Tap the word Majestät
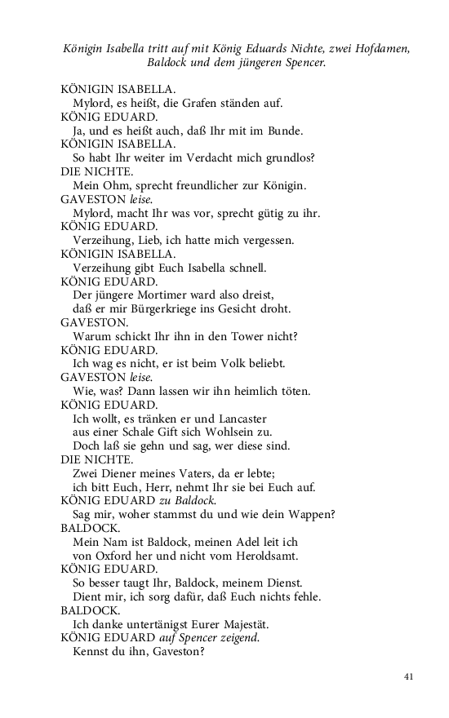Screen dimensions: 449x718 pyautogui.click(x=233, y=623)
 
